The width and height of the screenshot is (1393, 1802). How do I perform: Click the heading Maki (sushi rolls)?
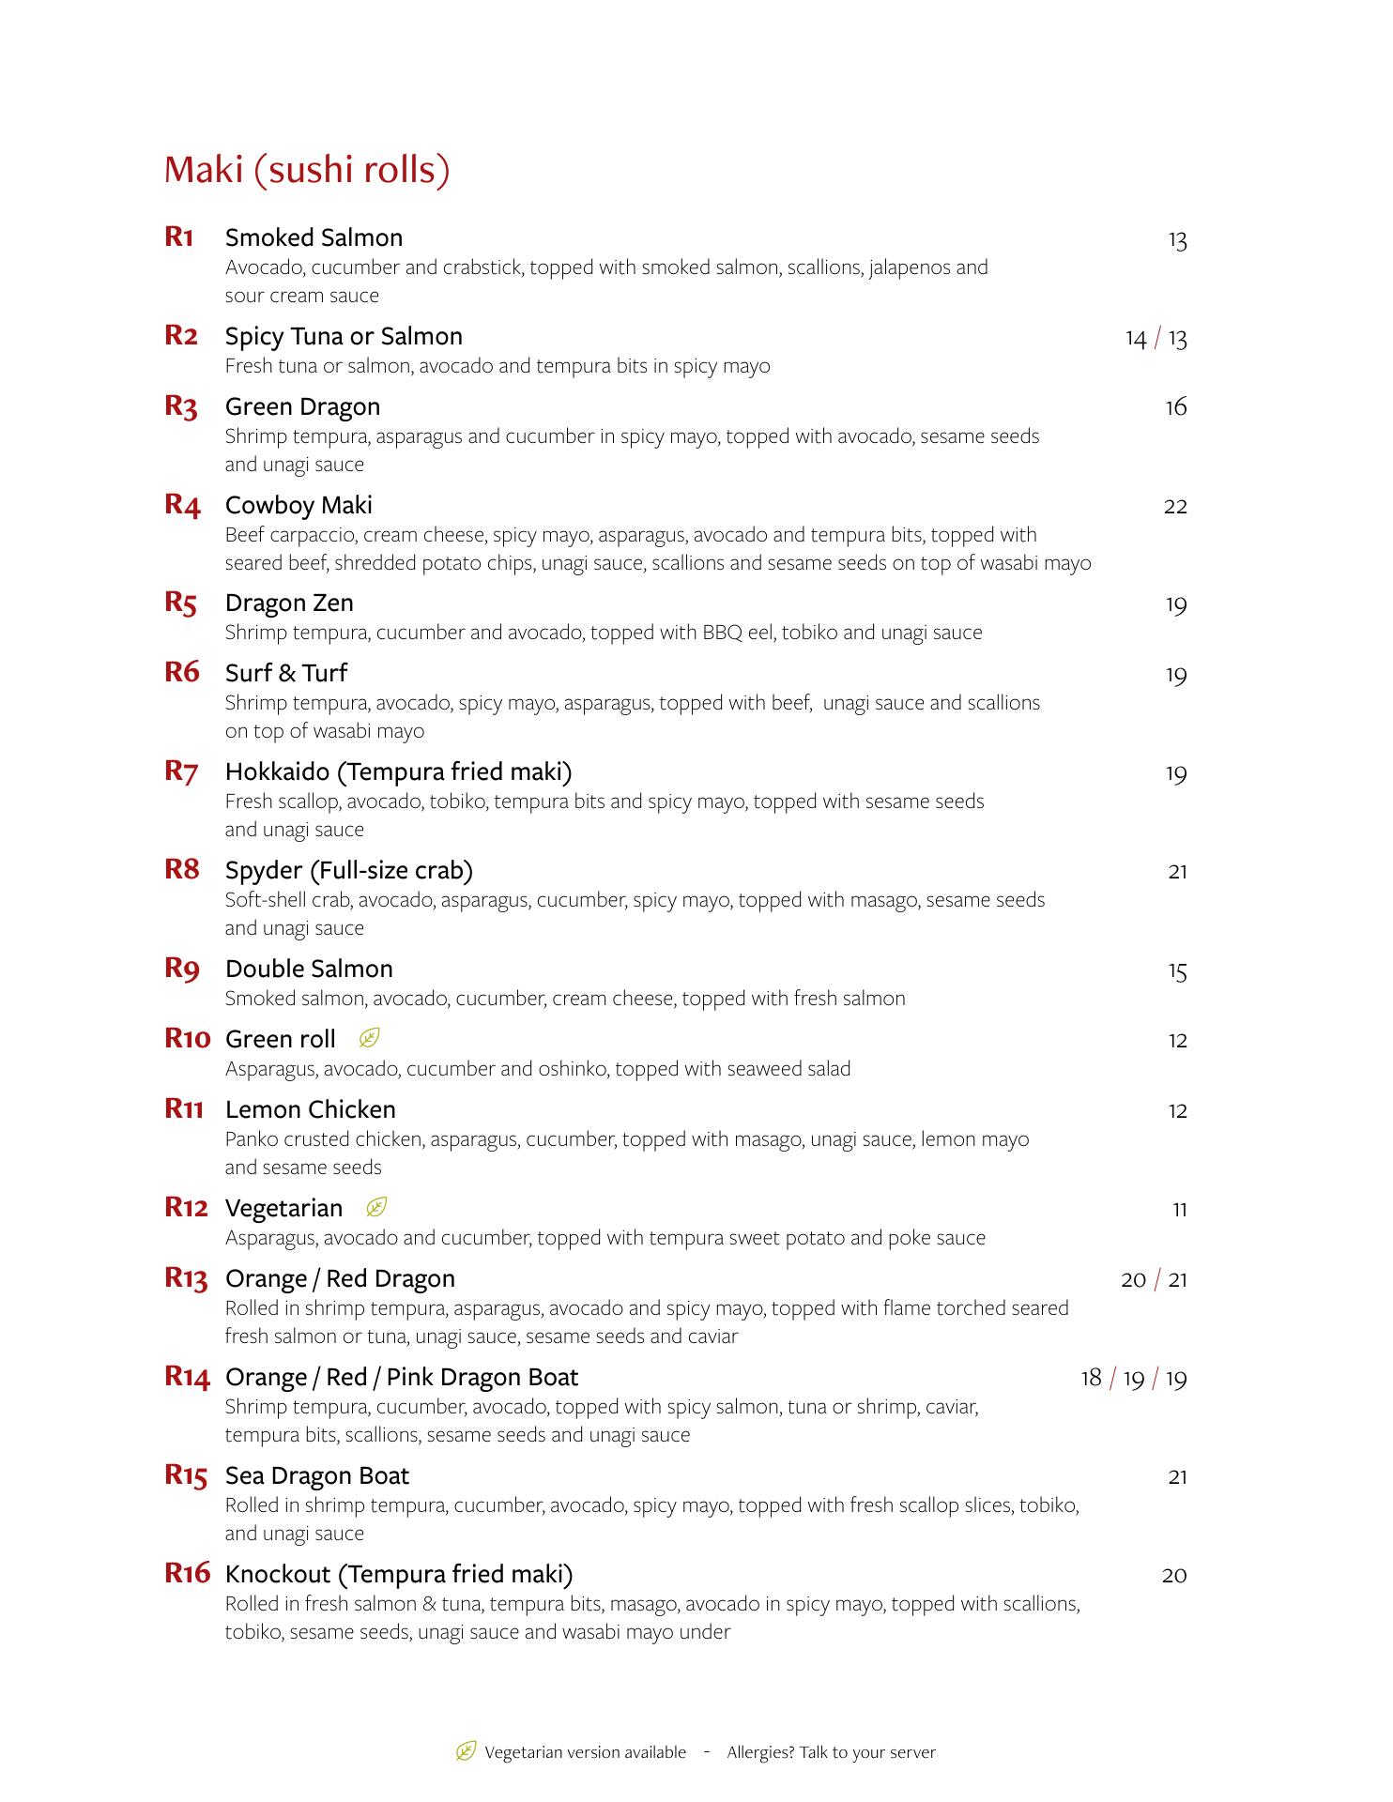307,170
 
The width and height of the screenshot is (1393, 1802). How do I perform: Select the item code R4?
183,505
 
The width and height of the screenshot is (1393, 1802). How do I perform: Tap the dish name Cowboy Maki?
298,505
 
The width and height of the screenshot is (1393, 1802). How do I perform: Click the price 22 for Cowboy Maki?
1175,507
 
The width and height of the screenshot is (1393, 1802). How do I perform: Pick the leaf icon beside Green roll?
370,1038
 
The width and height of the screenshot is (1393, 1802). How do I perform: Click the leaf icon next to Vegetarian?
376,1207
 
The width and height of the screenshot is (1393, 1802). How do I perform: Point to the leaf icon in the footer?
466,1751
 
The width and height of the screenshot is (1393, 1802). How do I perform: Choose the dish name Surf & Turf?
286,673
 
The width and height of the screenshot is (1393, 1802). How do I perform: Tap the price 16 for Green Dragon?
1175,407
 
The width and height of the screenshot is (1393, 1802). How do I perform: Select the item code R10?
188,1038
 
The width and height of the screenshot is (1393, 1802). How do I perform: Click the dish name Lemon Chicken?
311,1109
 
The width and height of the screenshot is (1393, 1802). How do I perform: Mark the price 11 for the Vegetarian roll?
1179,1210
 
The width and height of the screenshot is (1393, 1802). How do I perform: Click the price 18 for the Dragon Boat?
1091,1378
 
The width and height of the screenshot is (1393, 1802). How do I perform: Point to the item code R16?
188,1573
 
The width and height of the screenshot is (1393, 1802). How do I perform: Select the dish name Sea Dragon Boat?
317,1475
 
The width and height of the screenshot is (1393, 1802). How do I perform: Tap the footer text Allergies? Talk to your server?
831,1752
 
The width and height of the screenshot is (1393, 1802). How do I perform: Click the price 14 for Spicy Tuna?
1136,338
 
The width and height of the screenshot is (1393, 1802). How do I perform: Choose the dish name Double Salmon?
309,969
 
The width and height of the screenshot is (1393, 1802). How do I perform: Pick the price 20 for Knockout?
1174,1576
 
